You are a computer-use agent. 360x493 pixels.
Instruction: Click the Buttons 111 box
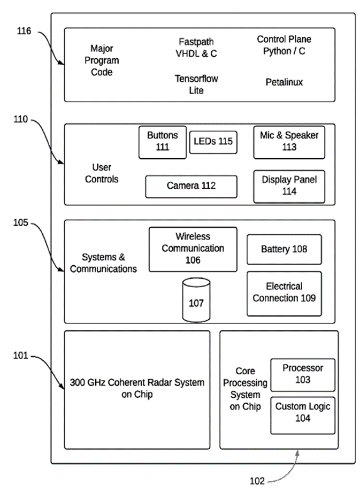tap(163, 142)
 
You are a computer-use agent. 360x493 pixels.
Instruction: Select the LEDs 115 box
tap(213, 142)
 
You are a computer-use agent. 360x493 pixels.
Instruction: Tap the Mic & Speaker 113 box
tap(289, 142)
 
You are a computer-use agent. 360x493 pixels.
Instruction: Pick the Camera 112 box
tap(191, 186)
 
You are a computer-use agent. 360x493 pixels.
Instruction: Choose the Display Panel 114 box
tap(289, 186)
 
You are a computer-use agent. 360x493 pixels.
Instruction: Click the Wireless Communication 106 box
tap(193, 249)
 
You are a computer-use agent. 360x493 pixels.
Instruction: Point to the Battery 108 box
tap(284, 249)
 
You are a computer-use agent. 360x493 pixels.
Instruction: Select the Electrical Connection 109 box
tap(284, 292)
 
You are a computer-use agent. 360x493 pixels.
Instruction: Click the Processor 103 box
tap(303, 374)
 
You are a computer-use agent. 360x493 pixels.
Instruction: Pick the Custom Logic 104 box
tap(303, 413)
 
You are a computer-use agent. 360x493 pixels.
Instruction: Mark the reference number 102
tap(258, 481)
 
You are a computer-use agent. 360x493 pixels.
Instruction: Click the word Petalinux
tap(284, 82)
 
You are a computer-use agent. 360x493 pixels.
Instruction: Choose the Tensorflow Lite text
tap(196, 84)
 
